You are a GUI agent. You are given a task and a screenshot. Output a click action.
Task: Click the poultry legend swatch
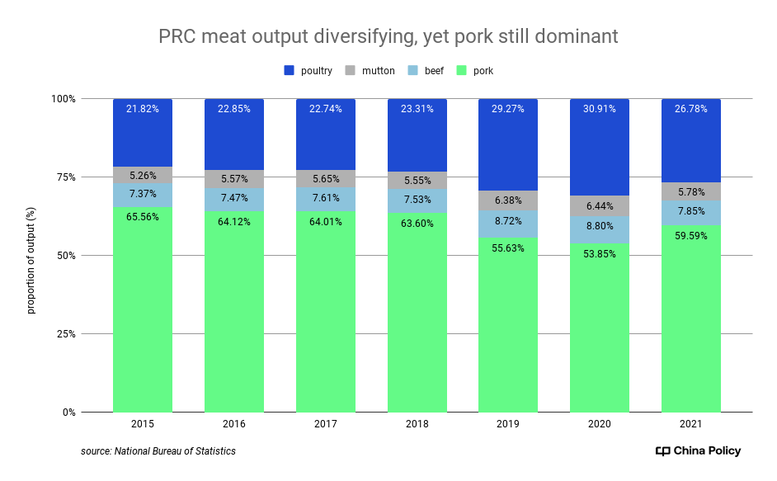[x=290, y=71]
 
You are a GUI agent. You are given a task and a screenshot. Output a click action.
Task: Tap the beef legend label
[x=434, y=71]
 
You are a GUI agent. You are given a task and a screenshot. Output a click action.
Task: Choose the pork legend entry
[x=483, y=71]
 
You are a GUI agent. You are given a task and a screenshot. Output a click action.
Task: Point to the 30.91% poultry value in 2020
[x=600, y=109]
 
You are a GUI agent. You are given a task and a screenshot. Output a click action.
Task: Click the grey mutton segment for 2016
[x=234, y=179]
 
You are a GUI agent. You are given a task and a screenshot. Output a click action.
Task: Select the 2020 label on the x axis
[x=600, y=424]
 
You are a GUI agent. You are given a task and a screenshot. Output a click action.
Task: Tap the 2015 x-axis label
[x=143, y=424]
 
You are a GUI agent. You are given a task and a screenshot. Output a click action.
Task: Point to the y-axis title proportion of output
[x=31, y=256]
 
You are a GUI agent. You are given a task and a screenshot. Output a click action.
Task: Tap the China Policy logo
[x=698, y=451]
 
